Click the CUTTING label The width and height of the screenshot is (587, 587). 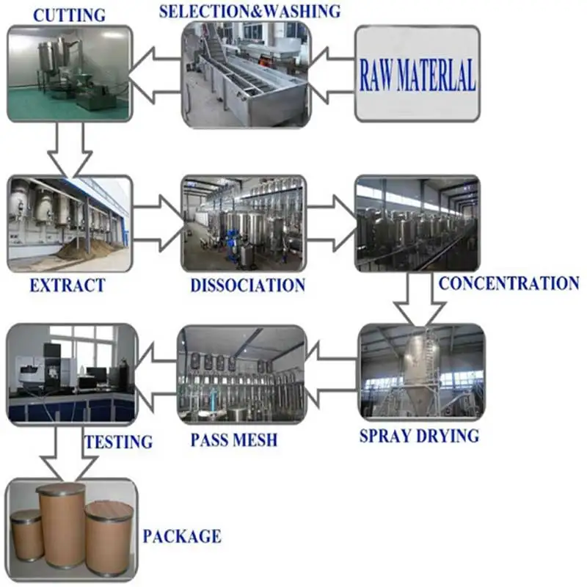pyautogui.click(x=70, y=14)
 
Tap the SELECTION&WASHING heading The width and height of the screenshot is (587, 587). pyautogui.click(x=249, y=11)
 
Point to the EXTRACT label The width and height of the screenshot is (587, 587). pyautogui.click(x=68, y=285)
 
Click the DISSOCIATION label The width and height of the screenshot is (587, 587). pyautogui.click(x=247, y=285)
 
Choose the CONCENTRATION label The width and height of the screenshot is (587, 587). pyautogui.click(x=508, y=282)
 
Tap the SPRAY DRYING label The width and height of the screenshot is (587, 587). pyautogui.click(x=419, y=436)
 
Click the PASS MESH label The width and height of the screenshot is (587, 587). pyautogui.click(x=234, y=440)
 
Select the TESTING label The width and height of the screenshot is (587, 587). pyautogui.click(x=118, y=442)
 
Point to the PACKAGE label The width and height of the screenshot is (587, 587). pyautogui.click(x=182, y=536)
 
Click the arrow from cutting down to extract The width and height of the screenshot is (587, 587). pyautogui.click(x=70, y=150)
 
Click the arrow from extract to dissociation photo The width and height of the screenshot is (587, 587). pyautogui.click(x=158, y=220)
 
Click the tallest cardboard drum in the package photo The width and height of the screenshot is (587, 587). pyautogui.click(x=61, y=525)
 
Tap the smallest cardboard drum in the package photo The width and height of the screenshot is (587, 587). pyautogui.click(x=26, y=536)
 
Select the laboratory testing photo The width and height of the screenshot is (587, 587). pyautogui.click(x=71, y=373)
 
